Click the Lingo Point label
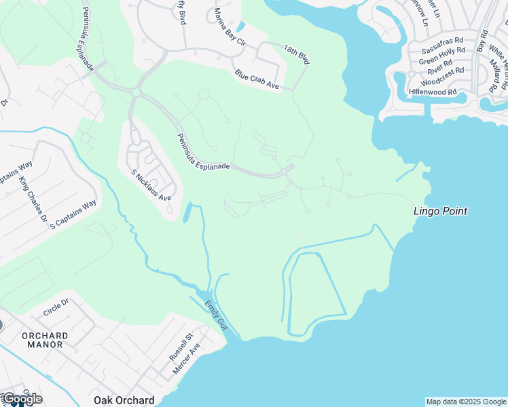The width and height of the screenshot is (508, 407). tap(440, 211)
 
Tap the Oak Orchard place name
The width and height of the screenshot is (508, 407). tap(124, 400)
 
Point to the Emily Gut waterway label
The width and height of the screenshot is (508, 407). tap(216, 315)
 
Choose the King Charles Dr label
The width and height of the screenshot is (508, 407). tap(33, 200)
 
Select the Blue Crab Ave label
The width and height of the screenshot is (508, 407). tap(257, 80)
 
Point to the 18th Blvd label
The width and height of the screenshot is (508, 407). tap(297, 54)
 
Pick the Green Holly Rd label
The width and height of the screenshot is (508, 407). tap(441, 55)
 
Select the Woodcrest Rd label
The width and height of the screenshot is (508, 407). tap(441, 74)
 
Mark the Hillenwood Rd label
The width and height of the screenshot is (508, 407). tap(433, 92)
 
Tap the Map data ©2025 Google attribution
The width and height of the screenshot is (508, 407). tap(465, 402)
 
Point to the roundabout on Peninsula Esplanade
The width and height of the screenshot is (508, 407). tap(136, 92)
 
